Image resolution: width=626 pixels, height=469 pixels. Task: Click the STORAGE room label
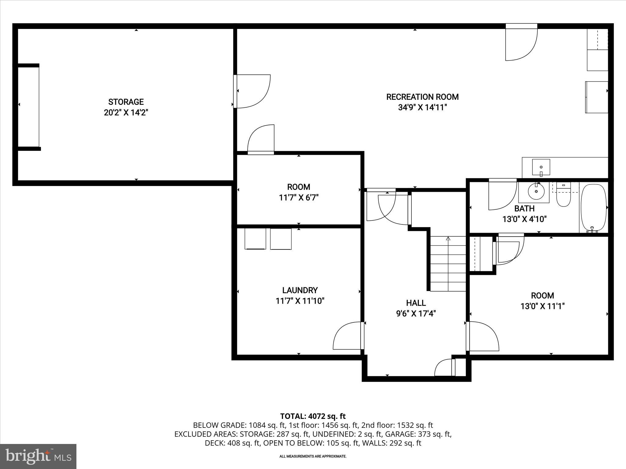[x=126, y=102]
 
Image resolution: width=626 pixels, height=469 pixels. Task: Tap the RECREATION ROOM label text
[x=422, y=97]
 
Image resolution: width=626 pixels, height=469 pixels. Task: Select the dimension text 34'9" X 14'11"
[x=422, y=107]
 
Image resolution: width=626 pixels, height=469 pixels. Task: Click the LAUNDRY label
[x=300, y=290]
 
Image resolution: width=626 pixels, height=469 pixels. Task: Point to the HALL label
[x=416, y=303]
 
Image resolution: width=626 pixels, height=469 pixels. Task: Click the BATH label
[x=524, y=209]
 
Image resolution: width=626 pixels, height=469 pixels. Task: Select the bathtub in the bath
[x=593, y=208]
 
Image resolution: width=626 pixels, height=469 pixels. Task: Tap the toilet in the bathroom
[x=563, y=198]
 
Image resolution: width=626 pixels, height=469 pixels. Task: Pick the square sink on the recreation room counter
[x=541, y=167]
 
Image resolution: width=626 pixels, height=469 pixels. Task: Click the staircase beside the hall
[x=448, y=264]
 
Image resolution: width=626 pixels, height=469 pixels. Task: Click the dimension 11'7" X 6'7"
[x=299, y=198]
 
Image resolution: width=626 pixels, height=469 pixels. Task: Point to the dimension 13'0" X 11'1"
[x=542, y=306]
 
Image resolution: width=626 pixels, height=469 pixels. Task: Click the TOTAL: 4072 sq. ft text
[x=313, y=416]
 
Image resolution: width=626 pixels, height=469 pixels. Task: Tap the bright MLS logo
[x=38, y=456]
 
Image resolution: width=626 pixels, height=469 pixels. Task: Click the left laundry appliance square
[x=255, y=239]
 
